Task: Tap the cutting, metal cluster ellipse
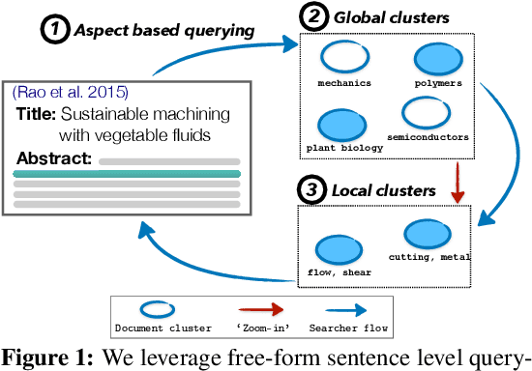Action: [426, 233]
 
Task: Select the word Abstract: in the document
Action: [54, 157]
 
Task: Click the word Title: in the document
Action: [36, 113]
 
